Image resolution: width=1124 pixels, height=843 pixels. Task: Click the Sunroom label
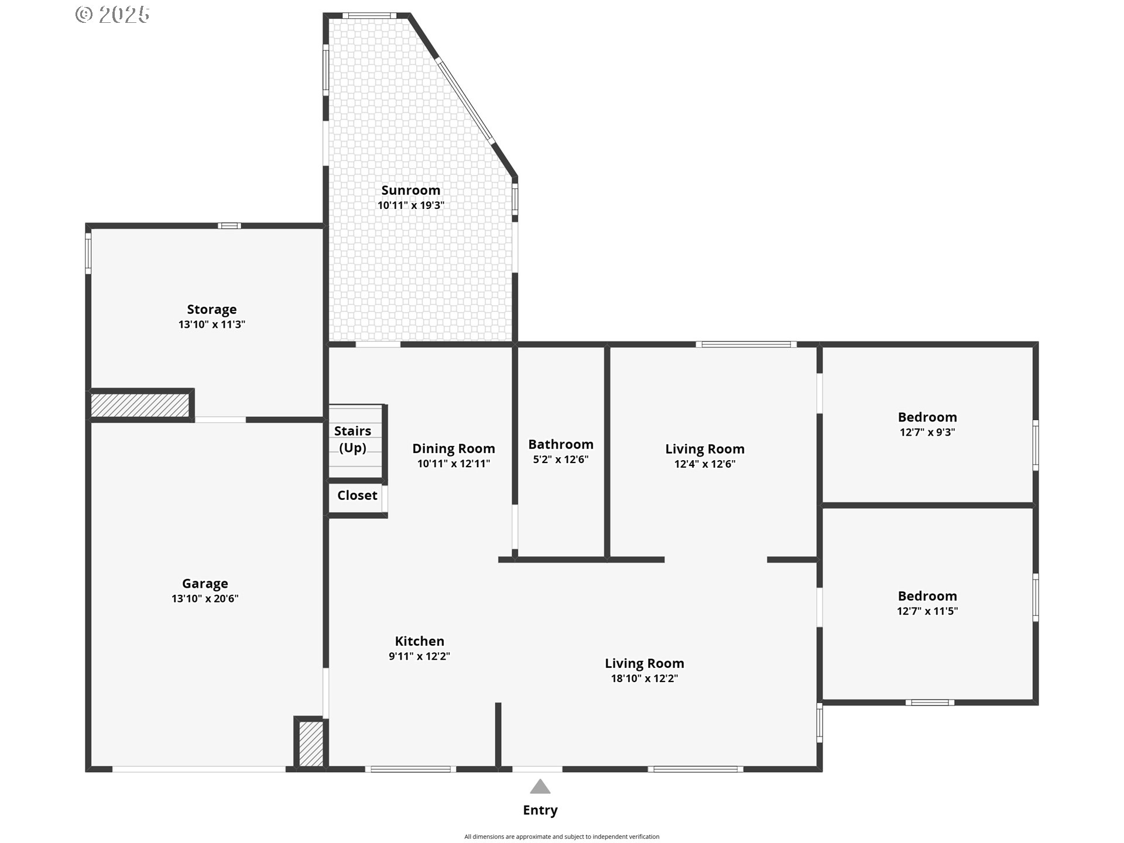[410, 190]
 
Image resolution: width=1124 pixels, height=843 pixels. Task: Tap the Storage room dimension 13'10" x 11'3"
[211, 324]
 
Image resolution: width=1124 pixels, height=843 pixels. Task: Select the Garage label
[205, 584]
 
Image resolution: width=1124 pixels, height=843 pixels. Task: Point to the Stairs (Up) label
[352, 439]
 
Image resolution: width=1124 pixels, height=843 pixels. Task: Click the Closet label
[357, 495]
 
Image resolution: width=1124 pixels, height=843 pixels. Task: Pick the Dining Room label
[454, 449]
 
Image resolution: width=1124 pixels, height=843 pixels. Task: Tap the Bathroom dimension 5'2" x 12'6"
[560, 460]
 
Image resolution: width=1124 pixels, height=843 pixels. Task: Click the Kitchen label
[419, 641]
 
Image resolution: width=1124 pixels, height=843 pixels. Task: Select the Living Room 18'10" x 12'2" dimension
[645, 678]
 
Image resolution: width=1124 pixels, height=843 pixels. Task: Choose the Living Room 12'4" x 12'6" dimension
[705, 464]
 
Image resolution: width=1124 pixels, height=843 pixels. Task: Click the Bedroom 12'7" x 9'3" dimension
[927, 433]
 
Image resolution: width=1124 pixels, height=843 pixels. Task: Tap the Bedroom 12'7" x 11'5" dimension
[927, 611]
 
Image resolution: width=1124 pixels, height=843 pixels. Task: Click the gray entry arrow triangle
[540, 787]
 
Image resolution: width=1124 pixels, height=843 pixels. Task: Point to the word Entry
[540, 810]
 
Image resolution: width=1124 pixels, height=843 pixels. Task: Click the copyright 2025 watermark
[112, 15]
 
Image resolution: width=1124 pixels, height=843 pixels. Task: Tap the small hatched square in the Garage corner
[311, 743]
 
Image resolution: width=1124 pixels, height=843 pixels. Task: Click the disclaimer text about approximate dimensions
[562, 837]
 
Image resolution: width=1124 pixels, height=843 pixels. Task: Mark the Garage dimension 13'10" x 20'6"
[205, 599]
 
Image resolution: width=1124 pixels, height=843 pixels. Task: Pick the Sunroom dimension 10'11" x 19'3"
[411, 205]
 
